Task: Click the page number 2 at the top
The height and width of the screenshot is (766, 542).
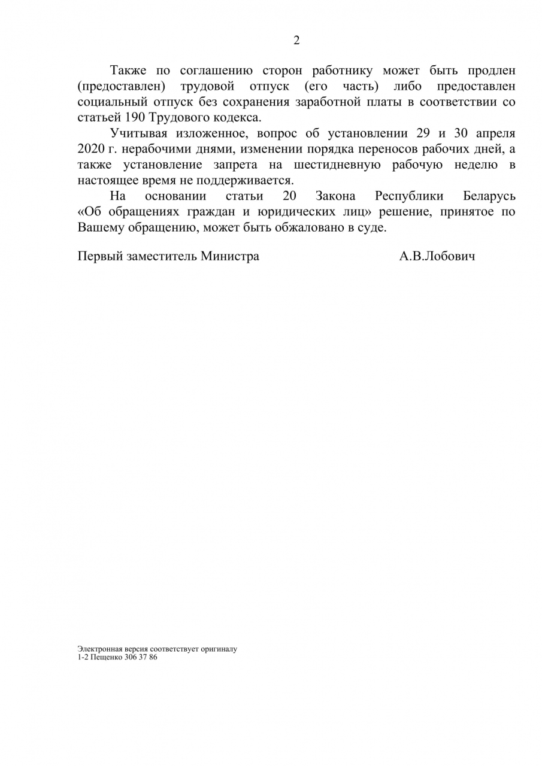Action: tap(296, 41)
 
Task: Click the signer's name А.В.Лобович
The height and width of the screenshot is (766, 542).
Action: tap(437, 256)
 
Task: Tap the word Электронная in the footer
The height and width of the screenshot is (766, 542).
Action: tap(98, 649)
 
